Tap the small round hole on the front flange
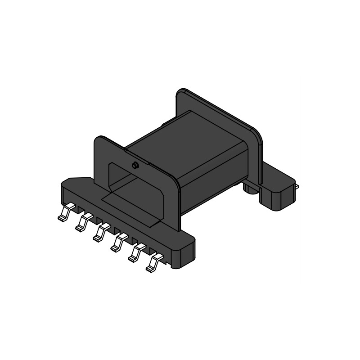[x=135, y=166]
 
